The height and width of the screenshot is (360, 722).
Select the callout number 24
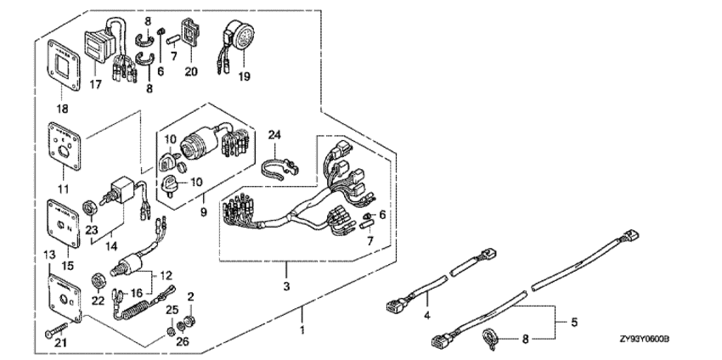tap(274, 135)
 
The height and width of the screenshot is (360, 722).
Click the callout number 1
tap(303, 327)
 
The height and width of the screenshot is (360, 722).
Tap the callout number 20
tap(191, 71)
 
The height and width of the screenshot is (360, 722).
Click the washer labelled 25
tap(173, 329)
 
